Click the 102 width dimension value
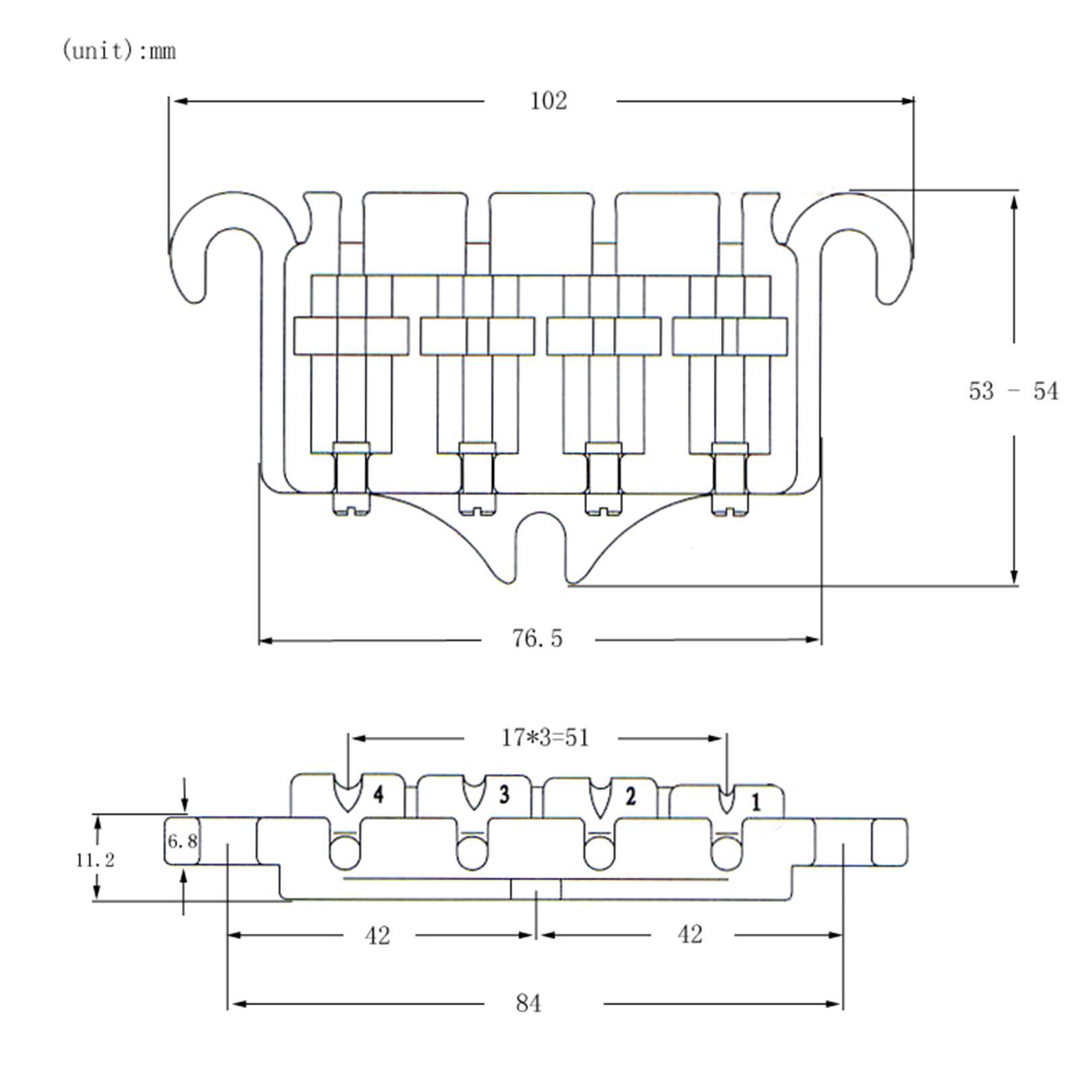[548, 101]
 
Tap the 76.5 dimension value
[537, 638]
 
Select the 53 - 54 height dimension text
[1013, 391]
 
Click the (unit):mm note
[119, 51]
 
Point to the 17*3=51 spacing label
[544, 738]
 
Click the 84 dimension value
[528, 1003]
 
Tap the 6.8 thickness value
[182, 841]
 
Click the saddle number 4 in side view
[379, 795]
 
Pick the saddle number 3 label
[504, 795]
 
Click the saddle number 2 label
[630, 796]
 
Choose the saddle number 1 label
[756, 802]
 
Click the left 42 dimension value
[377, 935]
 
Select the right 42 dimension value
[689, 934]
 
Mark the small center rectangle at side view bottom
[536, 889]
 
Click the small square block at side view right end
[889, 842]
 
